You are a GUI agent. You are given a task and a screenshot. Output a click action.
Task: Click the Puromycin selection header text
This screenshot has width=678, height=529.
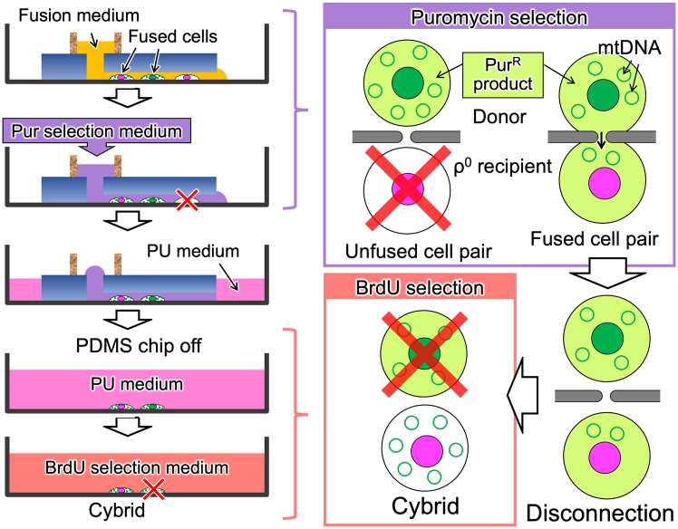click(x=499, y=18)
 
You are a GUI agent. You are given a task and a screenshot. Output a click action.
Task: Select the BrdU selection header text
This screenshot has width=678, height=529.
click(x=420, y=288)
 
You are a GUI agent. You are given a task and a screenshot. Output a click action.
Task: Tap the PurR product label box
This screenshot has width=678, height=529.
click(x=503, y=75)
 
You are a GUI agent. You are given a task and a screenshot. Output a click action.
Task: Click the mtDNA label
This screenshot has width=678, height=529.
click(x=630, y=47)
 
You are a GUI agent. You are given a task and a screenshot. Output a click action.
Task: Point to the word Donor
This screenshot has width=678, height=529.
click(x=499, y=117)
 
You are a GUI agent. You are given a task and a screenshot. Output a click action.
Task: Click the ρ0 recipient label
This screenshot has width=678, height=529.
click(x=502, y=166)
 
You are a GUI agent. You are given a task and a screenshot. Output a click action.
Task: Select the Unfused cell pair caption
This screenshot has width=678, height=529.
click(x=418, y=251)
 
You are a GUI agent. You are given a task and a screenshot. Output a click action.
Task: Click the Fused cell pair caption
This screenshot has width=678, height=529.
click(x=595, y=238)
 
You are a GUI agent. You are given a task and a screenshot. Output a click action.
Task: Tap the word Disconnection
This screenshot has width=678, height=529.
click(x=600, y=514)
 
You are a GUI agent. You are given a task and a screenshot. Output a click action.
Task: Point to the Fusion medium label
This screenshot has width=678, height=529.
click(x=79, y=15)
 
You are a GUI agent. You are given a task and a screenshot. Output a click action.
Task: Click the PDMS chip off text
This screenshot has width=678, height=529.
click(x=139, y=346)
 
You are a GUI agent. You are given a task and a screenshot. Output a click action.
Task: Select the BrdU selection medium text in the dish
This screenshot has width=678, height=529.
click(x=137, y=467)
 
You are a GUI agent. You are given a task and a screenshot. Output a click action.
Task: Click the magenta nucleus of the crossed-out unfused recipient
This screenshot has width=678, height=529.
click(x=408, y=189)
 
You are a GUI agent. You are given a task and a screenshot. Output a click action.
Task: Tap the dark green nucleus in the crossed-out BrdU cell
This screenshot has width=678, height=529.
click(x=424, y=353)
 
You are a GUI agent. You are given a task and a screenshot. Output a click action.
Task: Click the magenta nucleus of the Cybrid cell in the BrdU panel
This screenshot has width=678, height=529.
click(x=427, y=451)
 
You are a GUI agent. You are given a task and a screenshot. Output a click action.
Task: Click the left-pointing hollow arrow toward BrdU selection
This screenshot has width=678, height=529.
click(x=522, y=395)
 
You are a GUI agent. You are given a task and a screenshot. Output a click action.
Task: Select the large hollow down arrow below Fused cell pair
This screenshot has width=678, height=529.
click(x=607, y=273)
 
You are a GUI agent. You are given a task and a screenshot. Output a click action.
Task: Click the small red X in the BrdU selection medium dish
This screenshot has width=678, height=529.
click(x=154, y=489)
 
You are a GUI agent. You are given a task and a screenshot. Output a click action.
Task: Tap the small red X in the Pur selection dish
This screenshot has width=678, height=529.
click(x=188, y=199)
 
